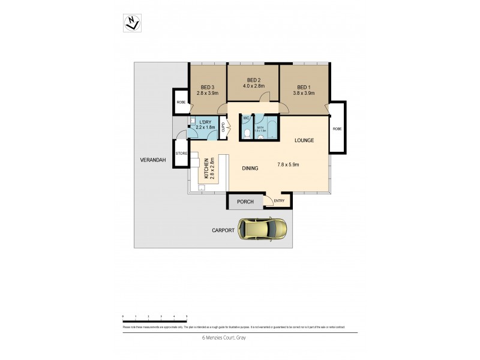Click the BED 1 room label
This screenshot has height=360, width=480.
304,86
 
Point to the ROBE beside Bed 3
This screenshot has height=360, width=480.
181,102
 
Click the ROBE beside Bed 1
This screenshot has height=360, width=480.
337,128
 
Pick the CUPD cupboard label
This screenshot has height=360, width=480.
224,127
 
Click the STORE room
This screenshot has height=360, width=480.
181,154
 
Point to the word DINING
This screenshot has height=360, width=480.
250,169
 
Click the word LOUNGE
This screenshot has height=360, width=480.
304,140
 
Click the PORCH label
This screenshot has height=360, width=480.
245,202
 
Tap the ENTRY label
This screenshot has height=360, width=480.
279,201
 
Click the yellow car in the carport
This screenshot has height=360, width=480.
263,229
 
